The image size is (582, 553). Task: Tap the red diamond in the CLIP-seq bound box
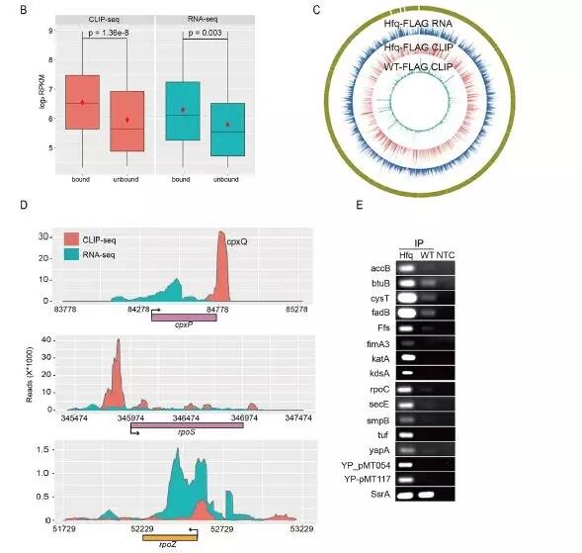(x=83, y=103)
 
